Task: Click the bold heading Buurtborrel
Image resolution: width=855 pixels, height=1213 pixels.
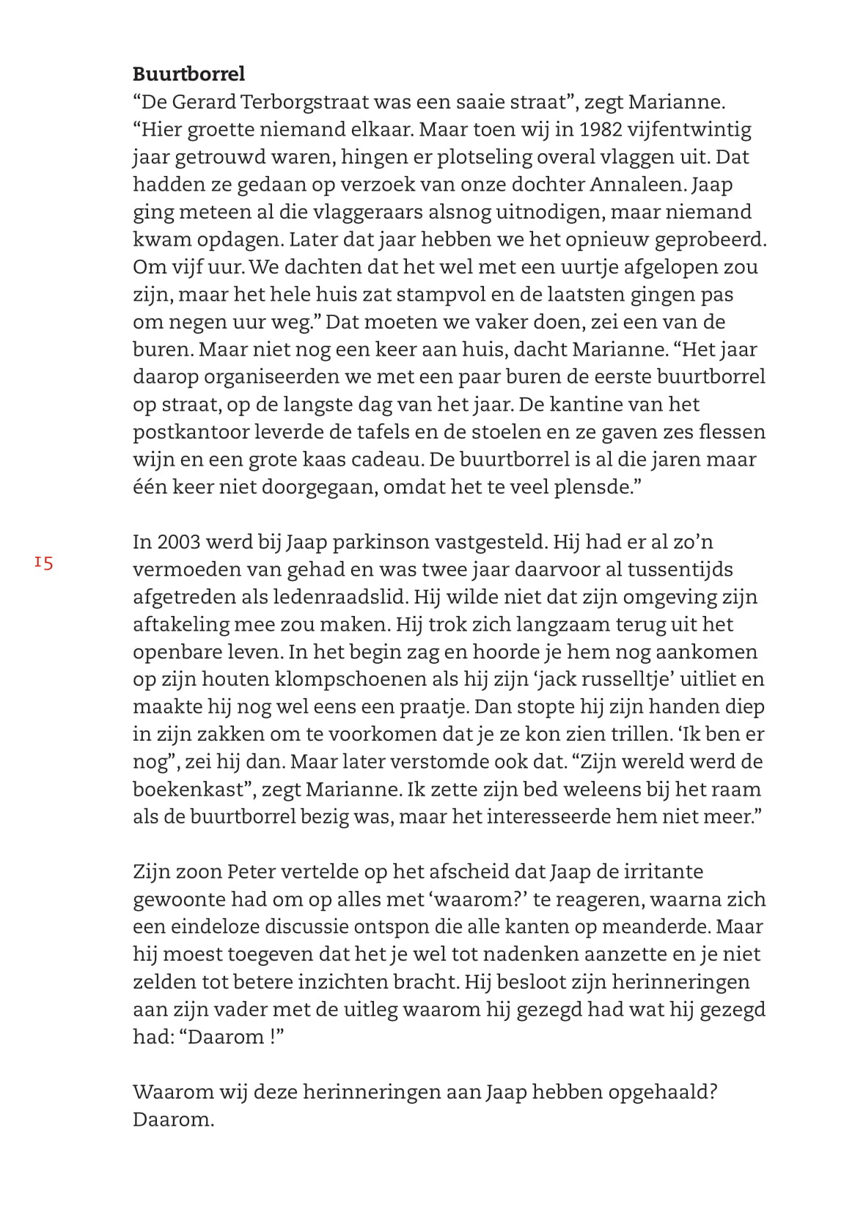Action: [188, 74]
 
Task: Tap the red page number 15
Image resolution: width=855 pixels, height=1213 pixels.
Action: [43, 563]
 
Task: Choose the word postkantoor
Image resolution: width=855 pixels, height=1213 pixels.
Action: [191, 432]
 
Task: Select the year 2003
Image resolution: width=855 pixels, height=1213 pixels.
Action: [178, 543]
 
